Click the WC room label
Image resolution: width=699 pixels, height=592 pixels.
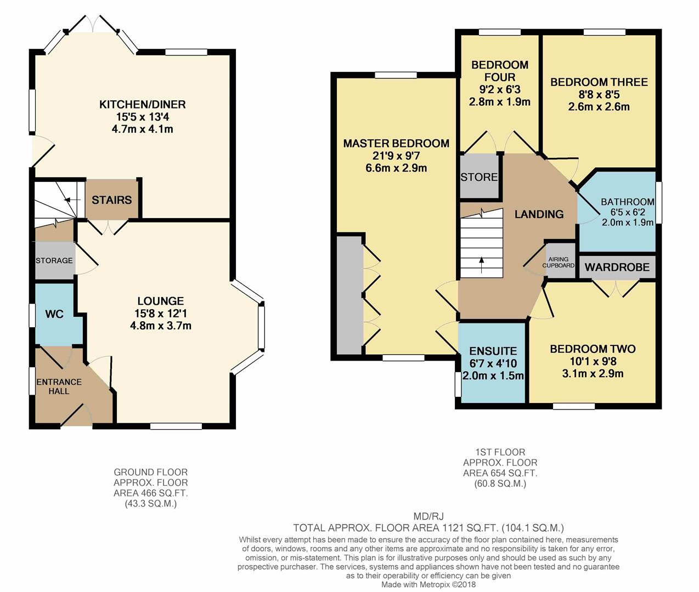(54, 314)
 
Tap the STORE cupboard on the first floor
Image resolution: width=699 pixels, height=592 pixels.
(479, 176)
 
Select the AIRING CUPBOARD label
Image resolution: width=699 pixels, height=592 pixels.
(559, 262)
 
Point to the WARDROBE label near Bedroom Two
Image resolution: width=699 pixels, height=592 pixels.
(617, 267)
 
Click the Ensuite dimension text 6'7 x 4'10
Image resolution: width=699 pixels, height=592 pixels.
(493, 363)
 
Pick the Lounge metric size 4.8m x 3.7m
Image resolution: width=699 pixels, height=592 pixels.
(161, 326)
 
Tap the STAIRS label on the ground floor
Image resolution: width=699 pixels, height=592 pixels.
(111, 200)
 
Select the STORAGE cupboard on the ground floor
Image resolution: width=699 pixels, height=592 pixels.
(54, 260)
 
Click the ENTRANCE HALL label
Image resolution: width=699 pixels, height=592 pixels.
(59, 386)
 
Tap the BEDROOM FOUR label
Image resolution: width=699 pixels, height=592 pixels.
(500, 71)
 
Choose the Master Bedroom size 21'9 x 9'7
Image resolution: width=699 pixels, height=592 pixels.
(396, 156)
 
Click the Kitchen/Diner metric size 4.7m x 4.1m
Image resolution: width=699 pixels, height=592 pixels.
(142, 129)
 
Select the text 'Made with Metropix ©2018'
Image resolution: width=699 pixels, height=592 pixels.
(429, 584)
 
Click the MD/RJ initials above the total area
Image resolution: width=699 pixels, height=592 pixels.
(429, 516)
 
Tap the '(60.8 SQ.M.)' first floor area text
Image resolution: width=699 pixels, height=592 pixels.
(500, 483)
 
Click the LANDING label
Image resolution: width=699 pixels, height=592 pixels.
(539, 214)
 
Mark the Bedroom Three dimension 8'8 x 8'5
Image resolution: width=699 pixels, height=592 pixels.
(599, 95)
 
